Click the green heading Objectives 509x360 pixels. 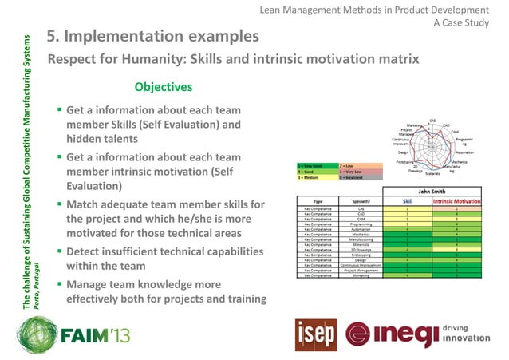(163, 86)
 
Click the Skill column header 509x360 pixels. (408, 202)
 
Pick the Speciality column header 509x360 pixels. (361, 202)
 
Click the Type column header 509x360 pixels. (318, 202)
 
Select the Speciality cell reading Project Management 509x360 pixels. (361, 270)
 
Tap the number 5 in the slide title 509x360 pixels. (52, 37)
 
